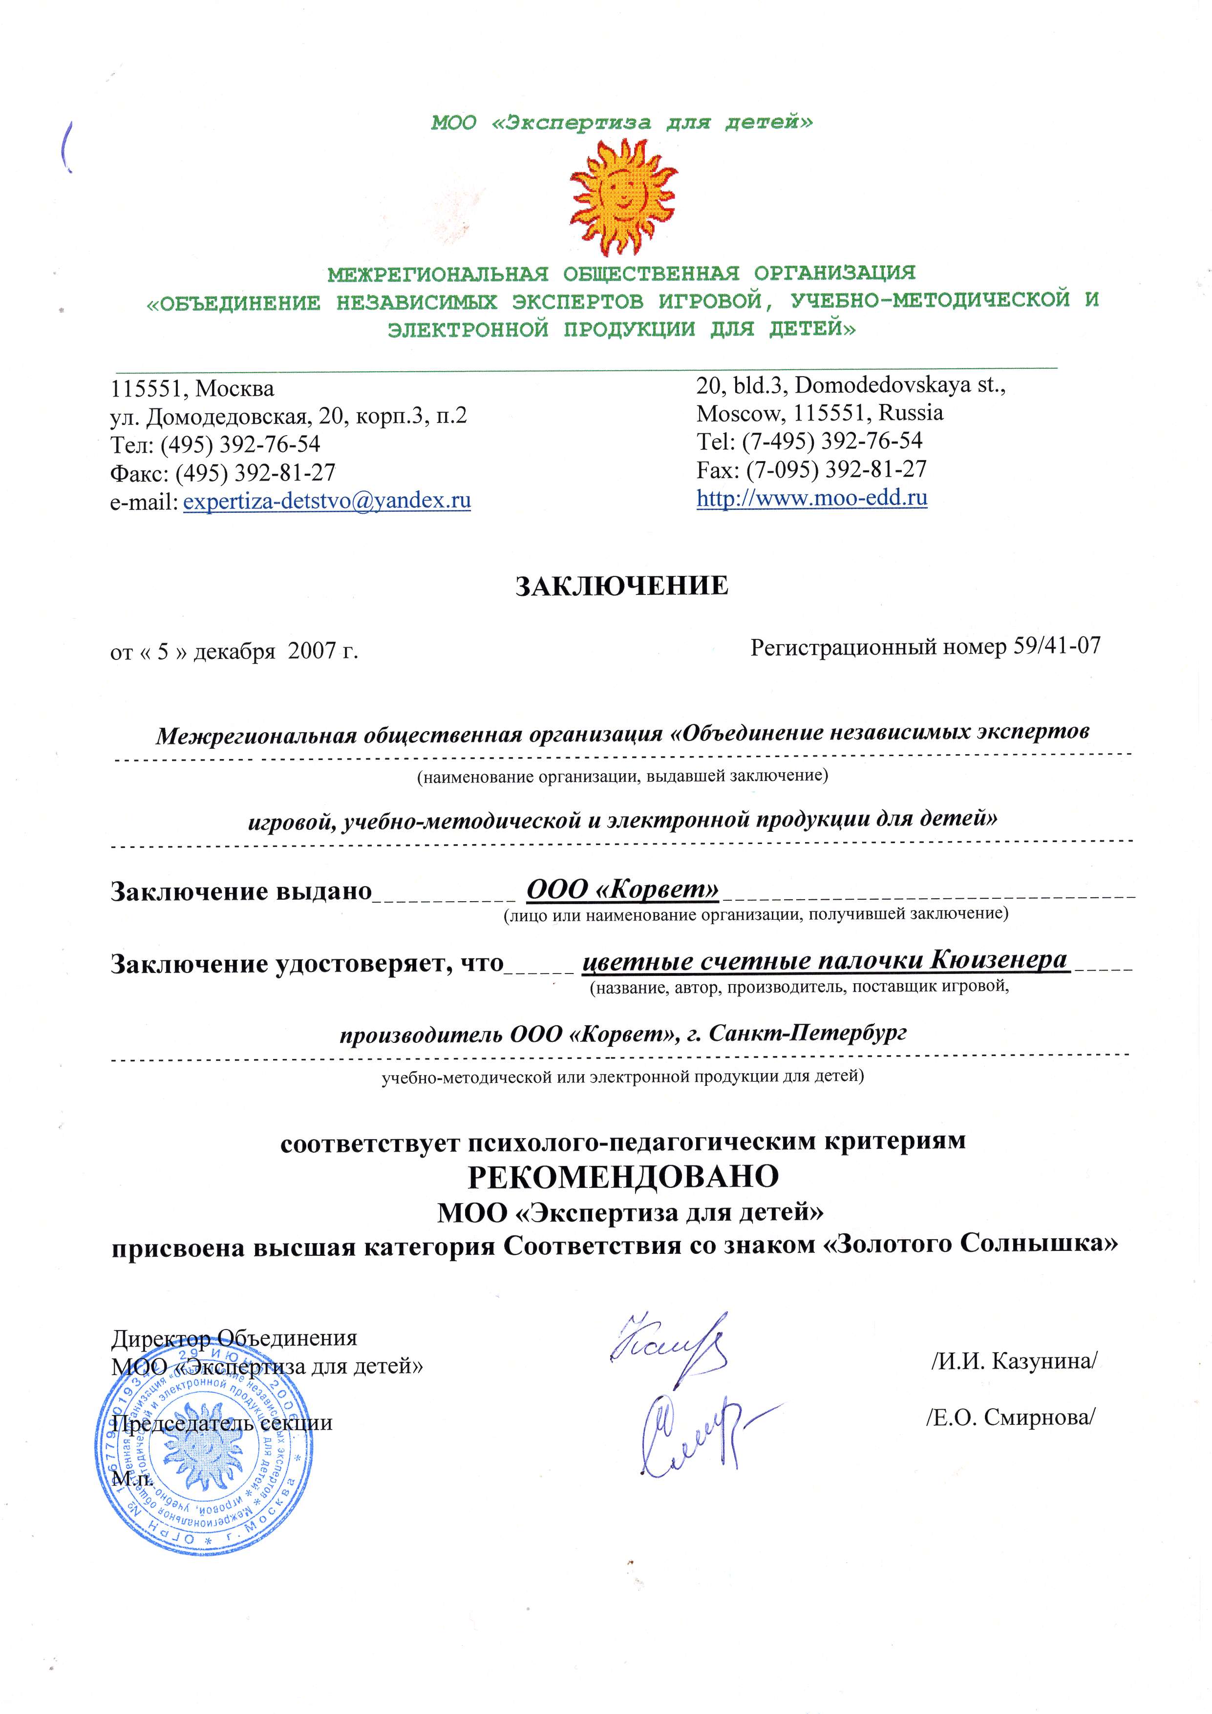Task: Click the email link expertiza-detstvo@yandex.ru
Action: point(327,500)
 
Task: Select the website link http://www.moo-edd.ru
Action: point(812,498)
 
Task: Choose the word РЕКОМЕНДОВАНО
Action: point(623,1177)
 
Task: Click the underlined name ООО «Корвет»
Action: point(623,889)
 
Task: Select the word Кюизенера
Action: point(999,960)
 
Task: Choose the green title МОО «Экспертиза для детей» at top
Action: point(622,123)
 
